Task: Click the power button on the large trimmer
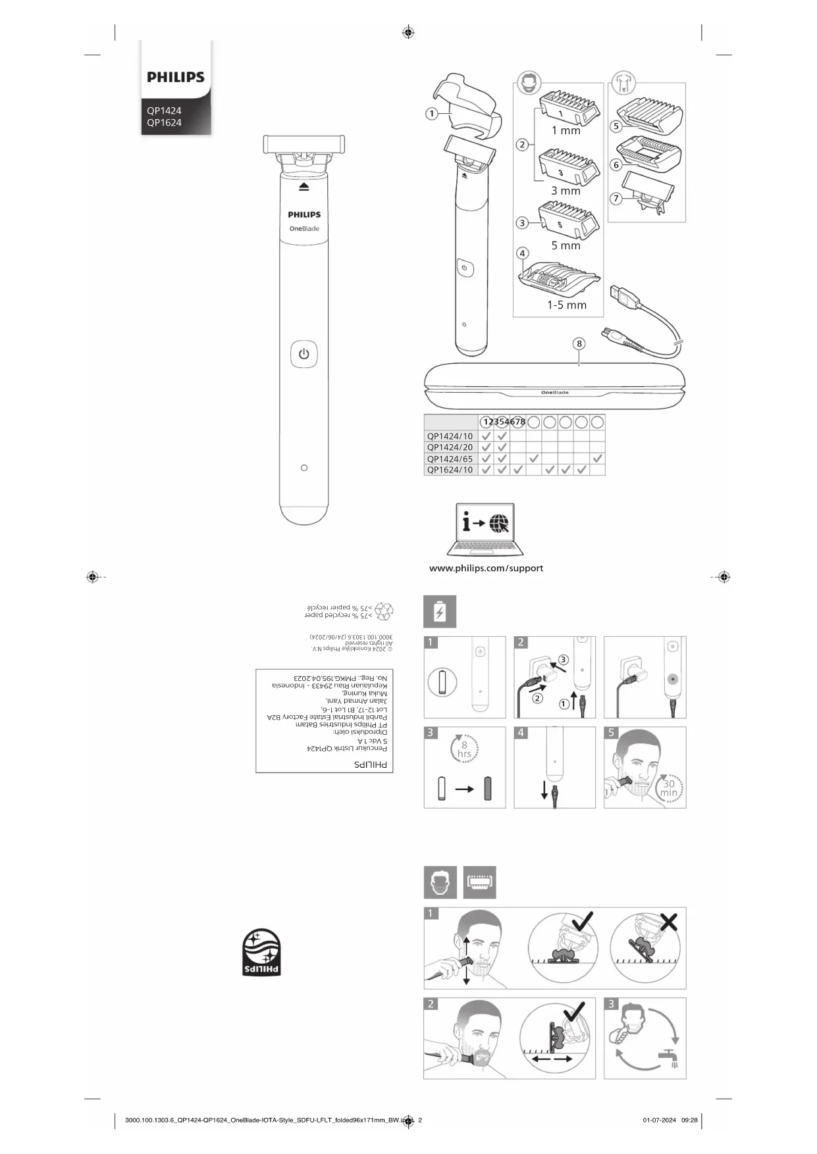pyautogui.click(x=303, y=354)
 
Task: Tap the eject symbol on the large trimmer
pyautogui.click(x=303, y=187)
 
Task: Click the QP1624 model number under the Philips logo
pyautogui.click(x=164, y=122)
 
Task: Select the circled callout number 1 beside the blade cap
pyautogui.click(x=431, y=114)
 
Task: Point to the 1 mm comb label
pyautogui.click(x=566, y=130)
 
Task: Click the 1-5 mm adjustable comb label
pyautogui.click(x=566, y=305)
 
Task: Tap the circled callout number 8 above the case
pyautogui.click(x=579, y=343)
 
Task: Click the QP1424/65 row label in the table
pyautogui.click(x=450, y=459)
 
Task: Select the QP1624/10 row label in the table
pyautogui.click(x=450, y=470)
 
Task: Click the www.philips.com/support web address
pyautogui.click(x=486, y=568)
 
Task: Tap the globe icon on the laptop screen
pyautogui.click(x=499, y=523)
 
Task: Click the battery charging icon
pyautogui.click(x=439, y=612)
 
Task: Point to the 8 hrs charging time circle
pyautogui.click(x=464, y=749)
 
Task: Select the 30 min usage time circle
pyautogui.click(x=669, y=788)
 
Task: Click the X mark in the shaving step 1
pyautogui.click(x=668, y=922)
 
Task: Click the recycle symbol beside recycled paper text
pyautogui.click(x=383, y=611)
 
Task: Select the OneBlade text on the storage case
pyautogui.click(x=554, y=393)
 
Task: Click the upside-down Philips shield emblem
pyautogui.click(x=261, y=952)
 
